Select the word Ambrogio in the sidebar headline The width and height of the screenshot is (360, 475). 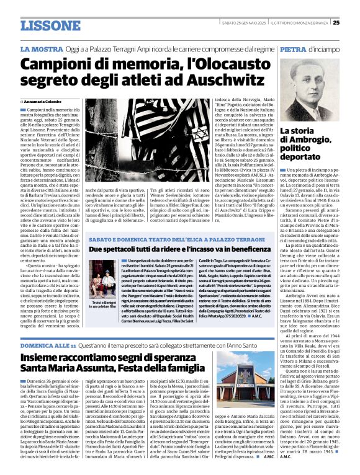pos(315,141)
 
